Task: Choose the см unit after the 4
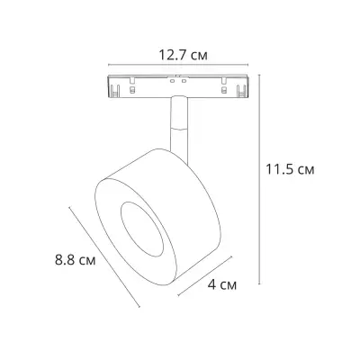[229, 286]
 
